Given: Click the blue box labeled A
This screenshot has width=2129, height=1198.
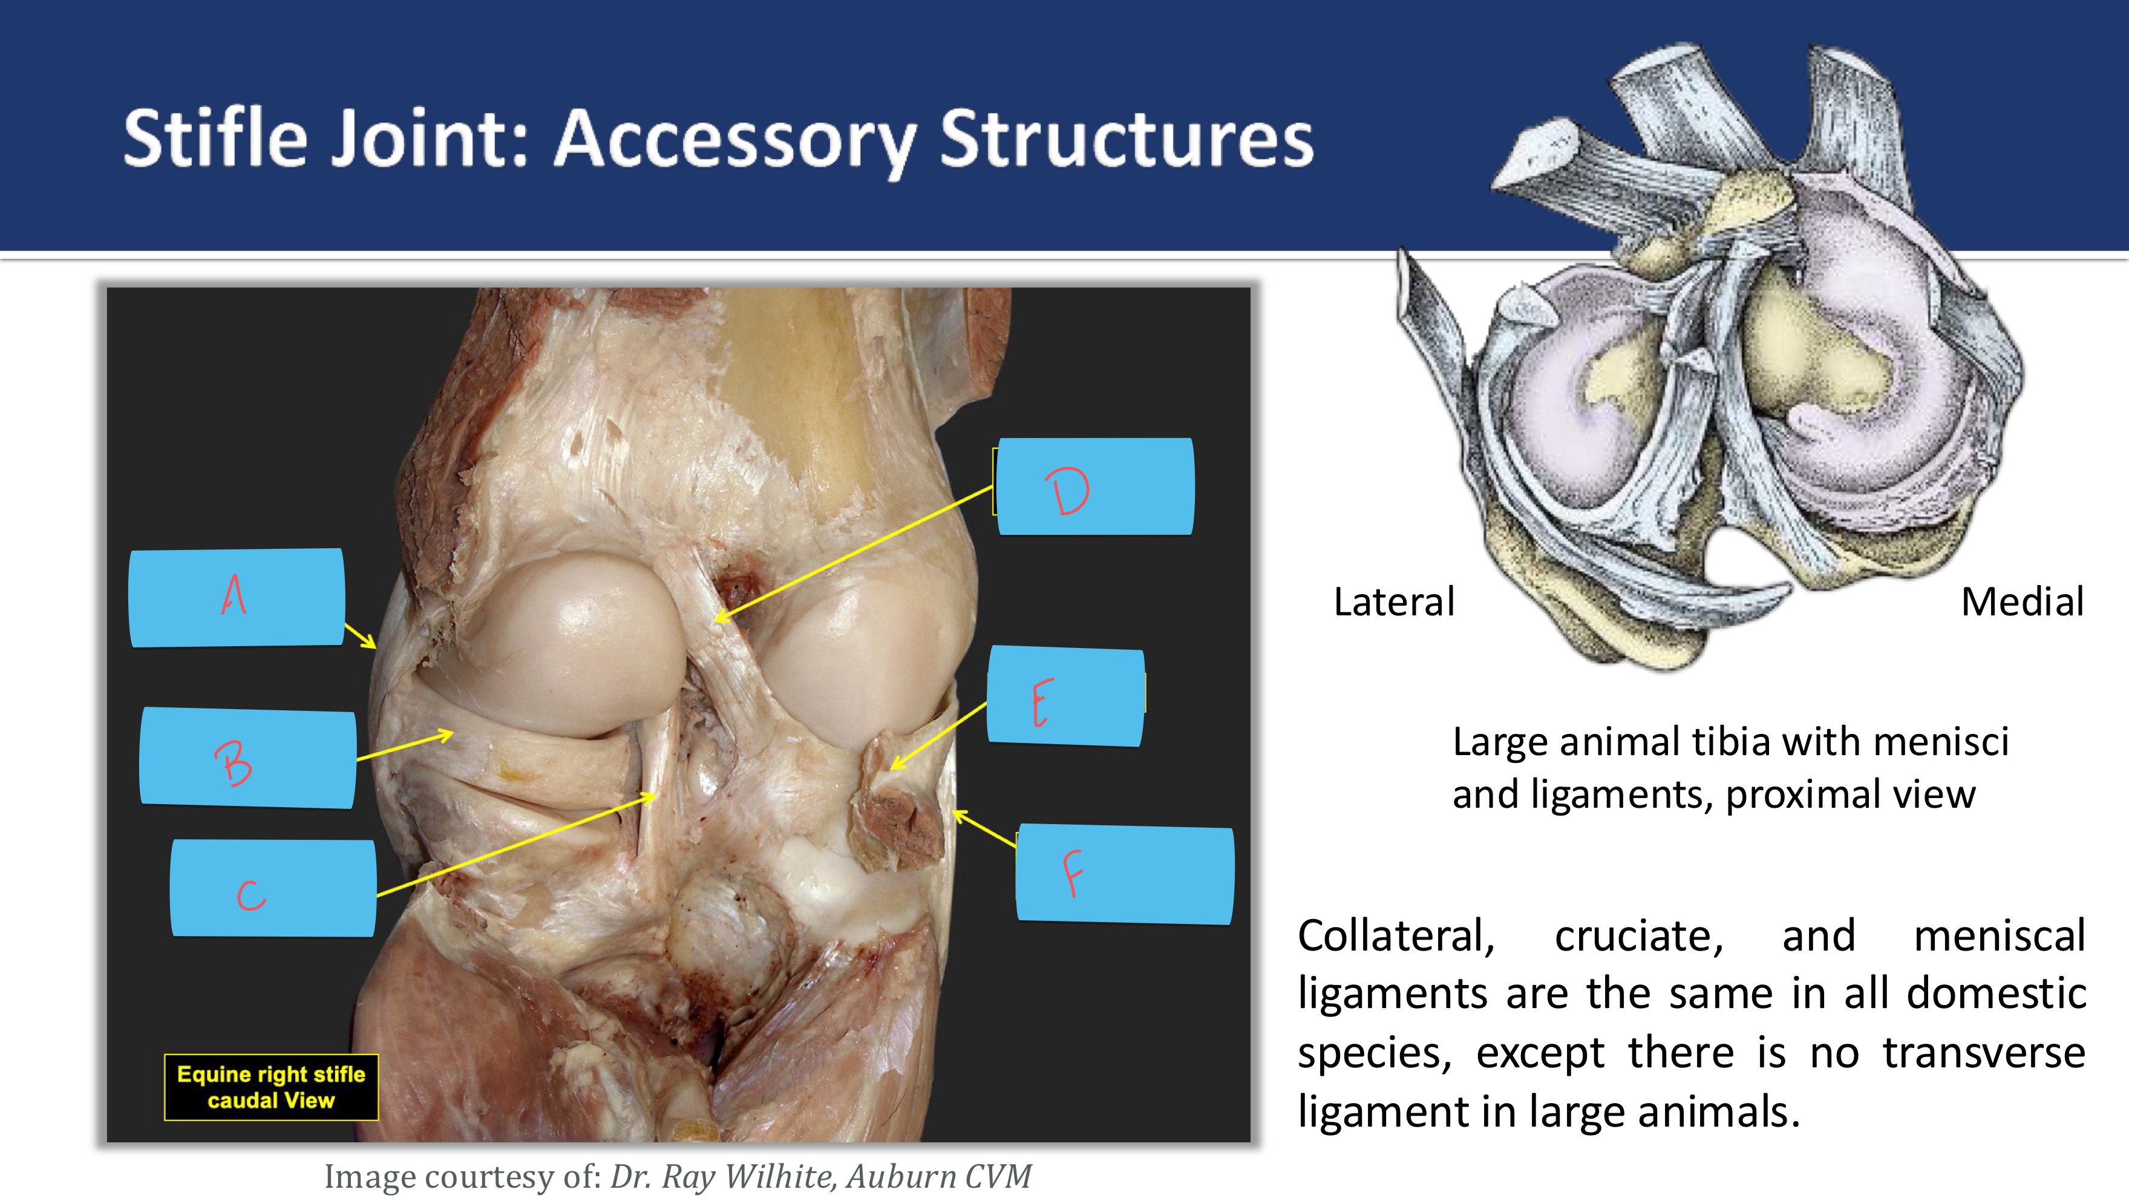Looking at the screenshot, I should click(x=237, y=597).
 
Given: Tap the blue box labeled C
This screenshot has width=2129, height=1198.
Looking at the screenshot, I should click(x=273, y=889).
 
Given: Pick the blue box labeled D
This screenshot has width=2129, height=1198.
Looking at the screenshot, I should click(x=1094, y=487).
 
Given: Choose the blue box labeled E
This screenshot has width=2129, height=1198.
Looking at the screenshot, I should click(x=1065, y=697).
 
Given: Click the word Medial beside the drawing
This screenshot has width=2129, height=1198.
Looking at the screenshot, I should click(x=2021, y=602).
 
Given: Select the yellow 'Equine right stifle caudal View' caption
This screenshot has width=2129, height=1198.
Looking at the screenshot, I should click(x=271, y=1087).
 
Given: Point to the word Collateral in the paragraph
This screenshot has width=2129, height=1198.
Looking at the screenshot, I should click(x=1396, y=937).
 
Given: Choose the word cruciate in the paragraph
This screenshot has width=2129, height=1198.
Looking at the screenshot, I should click(x=1638, y=937).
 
